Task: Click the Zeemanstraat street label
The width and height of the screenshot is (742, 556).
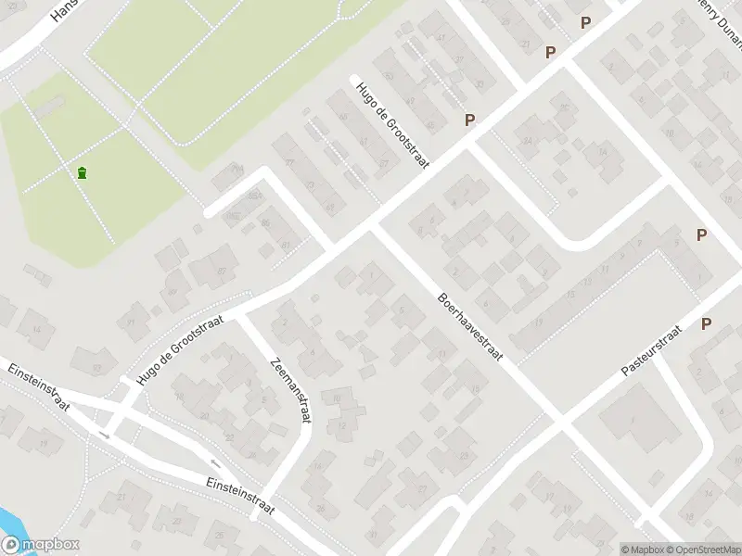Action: point(289,390)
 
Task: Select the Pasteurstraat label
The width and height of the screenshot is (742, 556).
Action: point(651,349)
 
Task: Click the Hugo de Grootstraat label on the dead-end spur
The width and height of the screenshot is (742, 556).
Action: point(389,122)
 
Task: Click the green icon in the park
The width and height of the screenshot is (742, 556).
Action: point(83,171)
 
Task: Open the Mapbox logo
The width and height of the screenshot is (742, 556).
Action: point(40,545)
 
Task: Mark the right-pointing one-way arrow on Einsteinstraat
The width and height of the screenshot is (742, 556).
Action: point(104,434)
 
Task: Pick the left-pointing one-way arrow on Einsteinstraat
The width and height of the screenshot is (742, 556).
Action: point(215,463)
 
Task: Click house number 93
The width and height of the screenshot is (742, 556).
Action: point(97,367)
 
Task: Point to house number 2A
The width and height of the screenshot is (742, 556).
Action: point(527,141)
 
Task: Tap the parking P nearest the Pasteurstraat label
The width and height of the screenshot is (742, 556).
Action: point(707,323)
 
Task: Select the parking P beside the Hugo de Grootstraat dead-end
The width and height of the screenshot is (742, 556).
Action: point(470,120)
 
